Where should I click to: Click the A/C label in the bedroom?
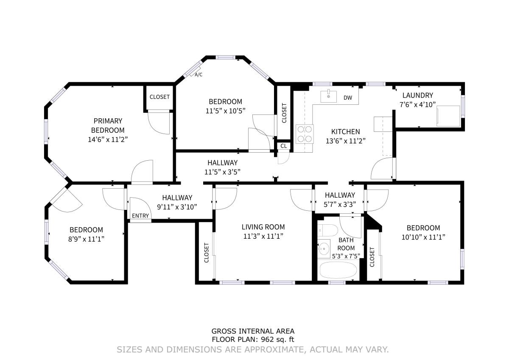[199, 75]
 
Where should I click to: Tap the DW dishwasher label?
[348, 98]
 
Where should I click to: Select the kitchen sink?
[328, 97]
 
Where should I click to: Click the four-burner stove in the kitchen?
[305, 134]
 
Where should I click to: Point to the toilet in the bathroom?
[327, 231]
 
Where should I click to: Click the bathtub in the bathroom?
[338, 270]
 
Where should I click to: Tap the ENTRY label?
[140, 215]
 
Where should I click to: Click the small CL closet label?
[283, 146]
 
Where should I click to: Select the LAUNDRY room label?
[418, 95]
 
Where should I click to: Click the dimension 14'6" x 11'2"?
[108, 140]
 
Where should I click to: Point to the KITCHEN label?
[345, 131]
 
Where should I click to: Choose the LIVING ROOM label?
[263, 227]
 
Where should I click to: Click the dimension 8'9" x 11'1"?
[86, 239]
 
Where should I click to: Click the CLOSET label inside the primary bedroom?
[159, 97]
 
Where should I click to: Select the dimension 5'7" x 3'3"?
[340, 204]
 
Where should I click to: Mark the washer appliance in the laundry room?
[448, 116]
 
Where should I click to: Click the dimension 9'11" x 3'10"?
[177, 207]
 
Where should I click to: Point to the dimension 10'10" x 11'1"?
[423, 237]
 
